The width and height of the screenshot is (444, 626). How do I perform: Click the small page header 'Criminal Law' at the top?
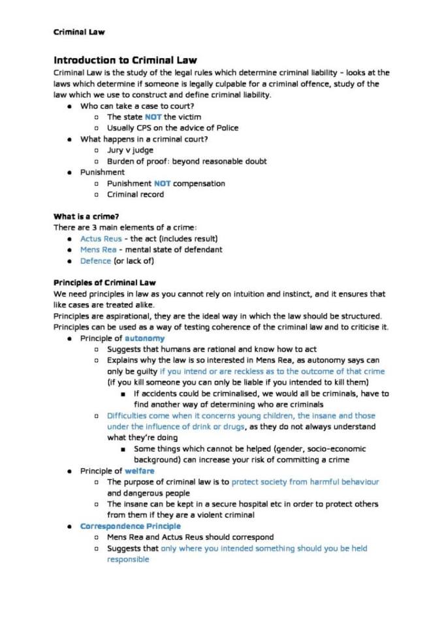tap(78, 31)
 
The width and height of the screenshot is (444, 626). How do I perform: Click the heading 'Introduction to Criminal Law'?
tap(125, 60)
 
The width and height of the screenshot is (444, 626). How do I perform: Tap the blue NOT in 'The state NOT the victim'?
tap(153, 117)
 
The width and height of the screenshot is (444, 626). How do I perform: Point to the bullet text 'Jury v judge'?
tap(131, 150)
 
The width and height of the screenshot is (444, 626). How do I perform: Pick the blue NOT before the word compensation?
tap(162, 183)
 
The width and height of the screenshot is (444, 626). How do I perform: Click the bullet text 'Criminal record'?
tap(136, 194)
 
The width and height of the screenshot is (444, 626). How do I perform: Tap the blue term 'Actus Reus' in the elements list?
tap(101, 238)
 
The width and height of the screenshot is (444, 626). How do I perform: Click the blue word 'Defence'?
tap(95, 261)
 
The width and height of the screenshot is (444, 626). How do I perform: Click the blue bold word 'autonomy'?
tap(144, 338)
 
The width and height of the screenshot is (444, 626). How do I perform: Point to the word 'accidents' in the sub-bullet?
tap(160, 393)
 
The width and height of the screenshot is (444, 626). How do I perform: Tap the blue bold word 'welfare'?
tap(140, 471)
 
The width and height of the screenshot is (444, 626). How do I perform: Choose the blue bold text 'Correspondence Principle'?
tap(131, 526)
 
